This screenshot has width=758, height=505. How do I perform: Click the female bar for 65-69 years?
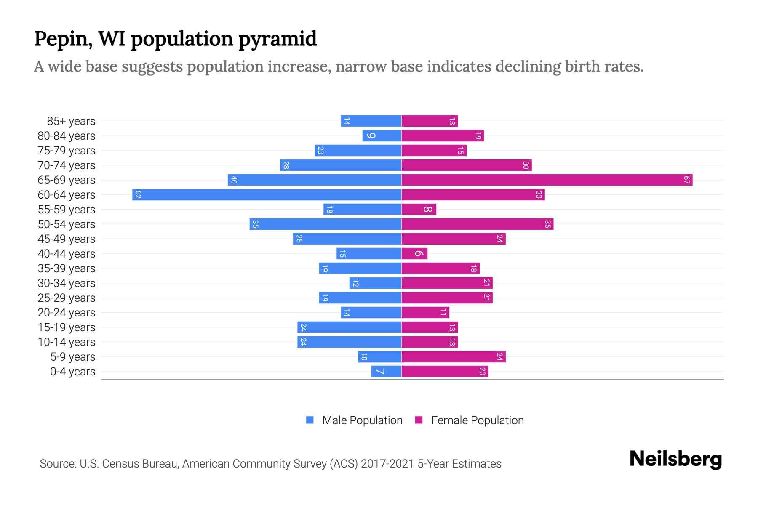(547, 180)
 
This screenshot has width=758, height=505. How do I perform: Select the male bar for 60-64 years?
(267, 195)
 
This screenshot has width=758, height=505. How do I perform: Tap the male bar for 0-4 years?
(386, 372)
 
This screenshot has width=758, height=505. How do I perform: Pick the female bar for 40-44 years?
(414, 254)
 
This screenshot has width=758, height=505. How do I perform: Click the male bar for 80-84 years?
(382, 136)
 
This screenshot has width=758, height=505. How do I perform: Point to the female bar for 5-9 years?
(453, 357)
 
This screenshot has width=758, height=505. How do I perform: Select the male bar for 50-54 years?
(325, 224)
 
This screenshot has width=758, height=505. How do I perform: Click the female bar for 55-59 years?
(419, 210)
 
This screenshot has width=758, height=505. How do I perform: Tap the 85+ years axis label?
(71, 121)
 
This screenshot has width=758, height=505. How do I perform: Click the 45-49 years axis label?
(67, 239)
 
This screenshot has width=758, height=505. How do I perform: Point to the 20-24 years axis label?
(67, 313)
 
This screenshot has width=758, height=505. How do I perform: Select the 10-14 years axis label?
(67, 342)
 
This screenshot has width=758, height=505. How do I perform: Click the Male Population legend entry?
(362, 420)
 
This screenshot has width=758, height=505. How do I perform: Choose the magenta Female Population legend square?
(419, 420)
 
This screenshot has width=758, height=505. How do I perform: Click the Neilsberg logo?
(675, 459)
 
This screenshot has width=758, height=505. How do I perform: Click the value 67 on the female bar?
(686, 180)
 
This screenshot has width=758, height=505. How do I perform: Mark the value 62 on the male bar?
(138, 195)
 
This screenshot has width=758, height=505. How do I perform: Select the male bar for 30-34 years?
(375, 283)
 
